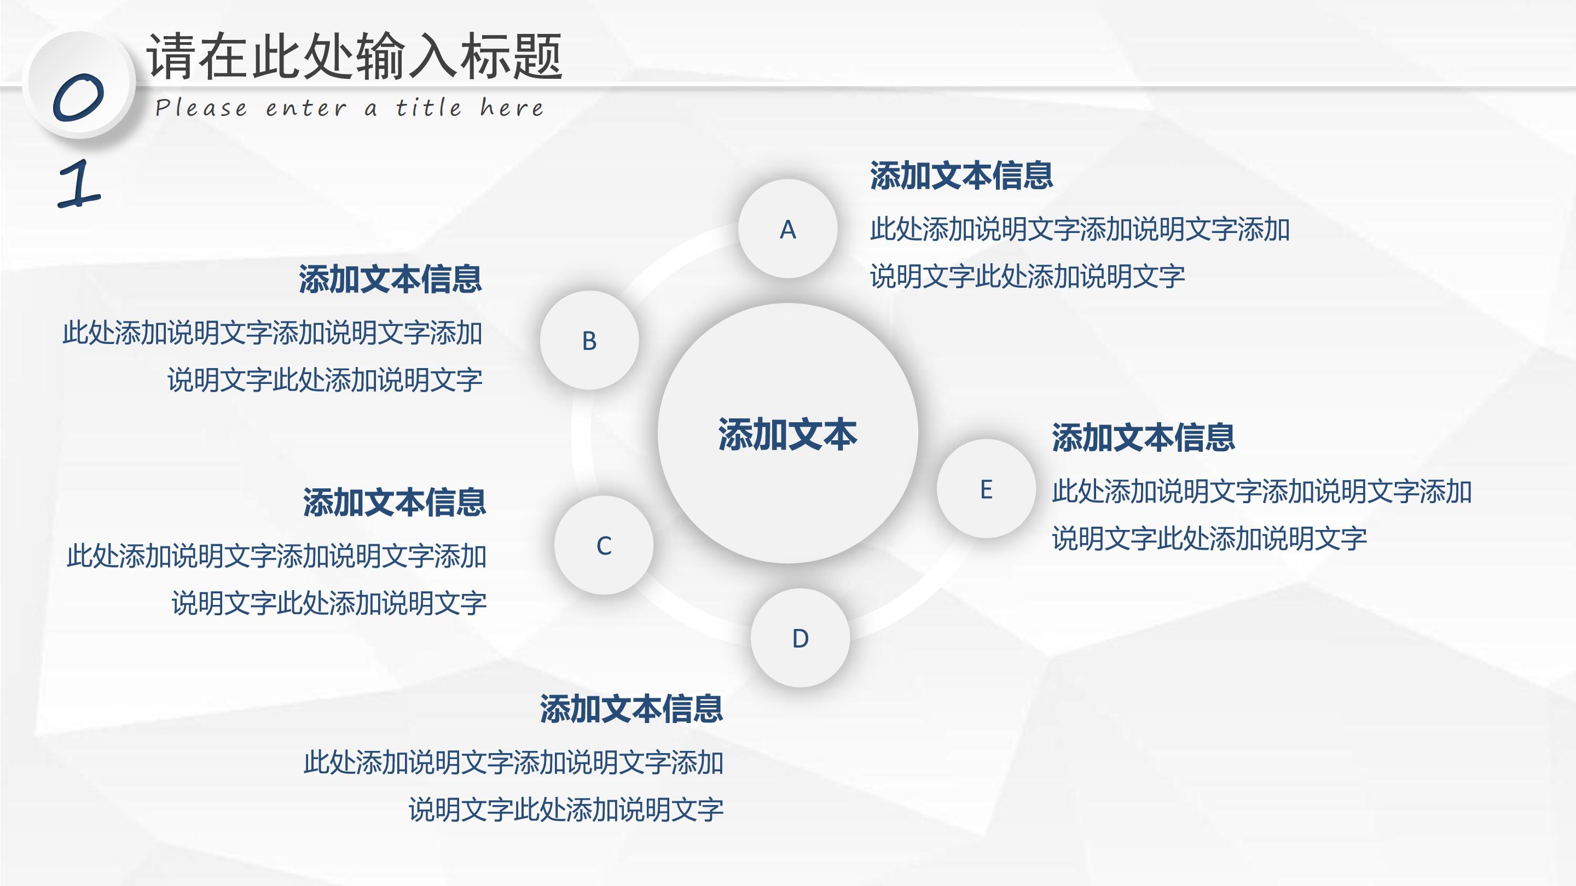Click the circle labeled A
tap(787, 229)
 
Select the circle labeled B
tap(589, 340)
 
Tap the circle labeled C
tap(604, 545)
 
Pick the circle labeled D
tap(800, 638)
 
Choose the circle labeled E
tap(986, 488)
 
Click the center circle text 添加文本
tap(787, 434)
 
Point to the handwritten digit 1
tap(79, 183)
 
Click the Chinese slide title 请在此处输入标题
tap(354, 56)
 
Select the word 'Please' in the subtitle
tap(201, 108)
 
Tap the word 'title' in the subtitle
tap(428, 108)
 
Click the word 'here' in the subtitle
tap(512, 108)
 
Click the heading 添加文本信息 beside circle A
tap(961, 176)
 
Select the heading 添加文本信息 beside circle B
tap(390, 279)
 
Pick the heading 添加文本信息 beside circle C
tap(395, 503)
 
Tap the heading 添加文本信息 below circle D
tap(631, 709)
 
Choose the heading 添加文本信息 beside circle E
tap(1143, 438)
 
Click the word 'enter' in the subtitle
tap(306, 109)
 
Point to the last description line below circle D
tap(566, 809)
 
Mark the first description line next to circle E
tap(1261, 492)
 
